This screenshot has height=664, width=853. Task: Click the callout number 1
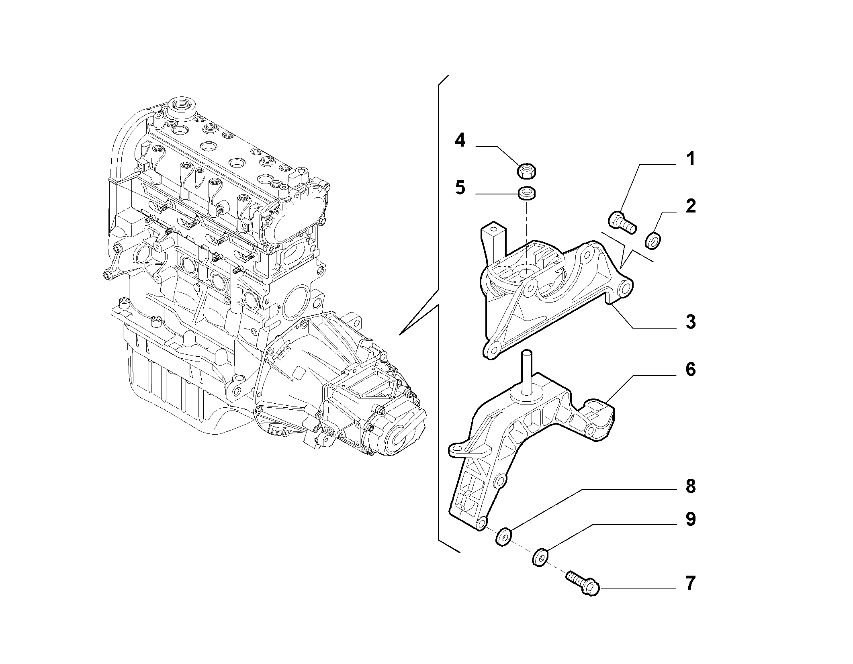pyautogui.click(x=690, y=159)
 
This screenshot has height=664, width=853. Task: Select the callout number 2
pyautogui.click(x=690, y=206)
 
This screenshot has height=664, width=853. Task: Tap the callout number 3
pyautogui.click(x=690, y=322)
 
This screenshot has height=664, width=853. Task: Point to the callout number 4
pyautogui.click(x=460, y=141)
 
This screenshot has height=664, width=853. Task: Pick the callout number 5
pyautogui.click(x=460, y=188)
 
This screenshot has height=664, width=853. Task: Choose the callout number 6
pyautogui.click(x=690, y=370)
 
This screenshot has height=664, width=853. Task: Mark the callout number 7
pyautogui.click(x=690, y=584)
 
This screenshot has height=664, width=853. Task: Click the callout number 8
pyautogui.click(x=690, y=487)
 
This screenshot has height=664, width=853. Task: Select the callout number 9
pyautogui.click(x=690, y=519)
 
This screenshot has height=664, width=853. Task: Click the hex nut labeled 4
pyautogui.click(x=527, y=171)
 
